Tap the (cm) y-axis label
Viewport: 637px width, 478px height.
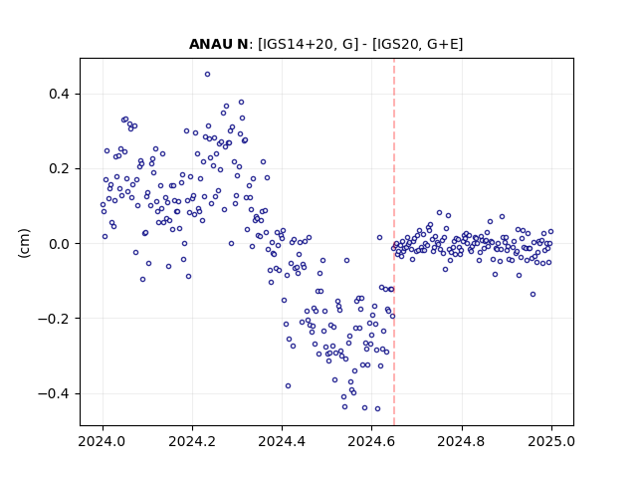coord(24,243)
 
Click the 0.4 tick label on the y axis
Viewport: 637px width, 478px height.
coord(60,94)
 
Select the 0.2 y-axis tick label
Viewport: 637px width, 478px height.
coord(60,168)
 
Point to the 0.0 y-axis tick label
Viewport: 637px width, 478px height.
coord(60,244)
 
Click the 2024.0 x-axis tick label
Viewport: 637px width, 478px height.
coord(103,441)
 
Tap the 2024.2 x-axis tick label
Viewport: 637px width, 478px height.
coord(192,441)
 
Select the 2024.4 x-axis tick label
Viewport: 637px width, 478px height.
coord(282,441)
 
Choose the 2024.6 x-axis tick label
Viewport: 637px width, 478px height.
coord(371,441)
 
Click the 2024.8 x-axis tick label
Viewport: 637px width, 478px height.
coord(462,441)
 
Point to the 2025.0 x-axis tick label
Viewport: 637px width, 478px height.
coord(551,441)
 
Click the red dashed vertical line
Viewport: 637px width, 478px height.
coord(394,242)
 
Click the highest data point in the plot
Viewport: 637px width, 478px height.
coord(207,75)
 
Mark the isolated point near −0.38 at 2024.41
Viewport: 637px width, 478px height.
coord(288,385)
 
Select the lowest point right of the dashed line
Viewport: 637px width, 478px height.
coord(533,295)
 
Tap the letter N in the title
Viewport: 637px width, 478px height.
coord(243,44)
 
